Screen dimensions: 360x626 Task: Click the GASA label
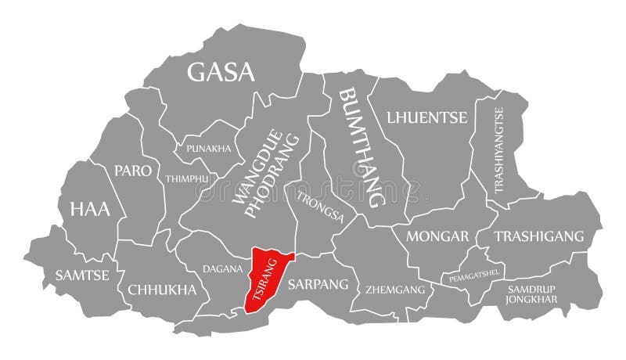[x=221, y=72]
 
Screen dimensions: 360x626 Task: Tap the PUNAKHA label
[x=208, y=148]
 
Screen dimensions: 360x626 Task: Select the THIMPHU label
[x=187, y=178]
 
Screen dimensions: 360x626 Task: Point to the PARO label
[x=132, y=171]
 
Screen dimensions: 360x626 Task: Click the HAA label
[x=90, y=209]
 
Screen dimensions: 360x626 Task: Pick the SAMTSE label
[x=81, y=275]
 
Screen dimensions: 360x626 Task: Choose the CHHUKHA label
[x=162, y=290]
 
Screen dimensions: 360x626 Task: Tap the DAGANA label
[x=222, y=268]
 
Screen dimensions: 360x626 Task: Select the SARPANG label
[x=318, y=284]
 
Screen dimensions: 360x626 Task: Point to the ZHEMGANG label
[x=396, y=290]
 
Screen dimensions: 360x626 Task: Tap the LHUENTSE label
[x=426, y=117]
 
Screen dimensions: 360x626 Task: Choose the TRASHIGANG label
[x=539, y=236]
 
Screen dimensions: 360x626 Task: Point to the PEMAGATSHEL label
[x=475, y=275]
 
